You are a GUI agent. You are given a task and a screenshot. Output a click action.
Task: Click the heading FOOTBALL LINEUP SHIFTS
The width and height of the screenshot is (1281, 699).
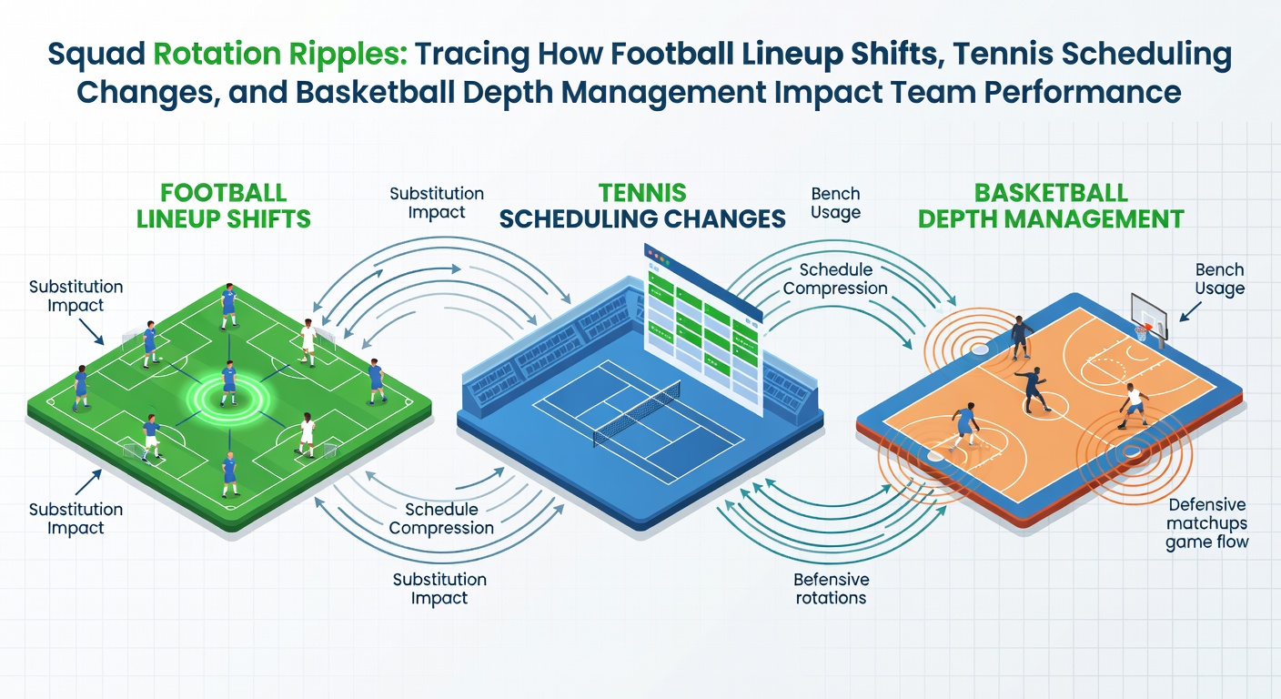tap(223, 206)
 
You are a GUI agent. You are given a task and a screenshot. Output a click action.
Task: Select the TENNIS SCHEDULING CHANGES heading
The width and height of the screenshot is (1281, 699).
tap(642, 206)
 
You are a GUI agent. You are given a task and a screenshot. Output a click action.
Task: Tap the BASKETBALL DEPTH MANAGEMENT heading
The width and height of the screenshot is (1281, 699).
tap(1051, 206)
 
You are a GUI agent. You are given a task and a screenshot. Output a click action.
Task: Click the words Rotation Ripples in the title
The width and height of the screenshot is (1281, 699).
tap(280, 54)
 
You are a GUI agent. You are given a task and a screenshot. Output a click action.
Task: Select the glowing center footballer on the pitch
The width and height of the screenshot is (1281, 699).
tap(228, 383)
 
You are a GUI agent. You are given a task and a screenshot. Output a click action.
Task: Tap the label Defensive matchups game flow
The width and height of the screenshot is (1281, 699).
tap(1206, 523)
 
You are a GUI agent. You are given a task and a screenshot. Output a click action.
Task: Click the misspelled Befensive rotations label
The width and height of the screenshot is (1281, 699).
tap(831, 589)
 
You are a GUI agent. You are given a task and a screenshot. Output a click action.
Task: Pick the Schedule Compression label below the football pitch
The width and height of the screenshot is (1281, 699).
tap(441, 518)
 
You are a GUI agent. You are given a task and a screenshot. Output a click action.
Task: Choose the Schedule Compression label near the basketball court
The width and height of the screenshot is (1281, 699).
tap(835, 279)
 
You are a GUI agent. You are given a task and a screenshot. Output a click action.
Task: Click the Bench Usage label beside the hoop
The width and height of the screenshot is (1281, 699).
tap(1219, 279)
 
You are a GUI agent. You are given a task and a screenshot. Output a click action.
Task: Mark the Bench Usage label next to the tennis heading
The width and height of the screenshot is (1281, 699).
tap(835, 202)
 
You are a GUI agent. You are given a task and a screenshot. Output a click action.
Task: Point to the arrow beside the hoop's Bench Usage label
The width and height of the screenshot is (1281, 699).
tap(1189, 312)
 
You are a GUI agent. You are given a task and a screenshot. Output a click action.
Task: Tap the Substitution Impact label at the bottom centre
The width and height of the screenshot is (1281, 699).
tap(439, 589)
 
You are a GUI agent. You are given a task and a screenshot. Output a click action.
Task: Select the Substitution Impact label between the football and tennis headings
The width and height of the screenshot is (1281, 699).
tap(437, 202)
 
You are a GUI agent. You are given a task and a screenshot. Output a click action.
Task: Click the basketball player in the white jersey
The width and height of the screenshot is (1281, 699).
tap(1133, 406)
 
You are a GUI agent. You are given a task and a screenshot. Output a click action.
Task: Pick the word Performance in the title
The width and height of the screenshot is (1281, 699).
tap(1082, 92)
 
